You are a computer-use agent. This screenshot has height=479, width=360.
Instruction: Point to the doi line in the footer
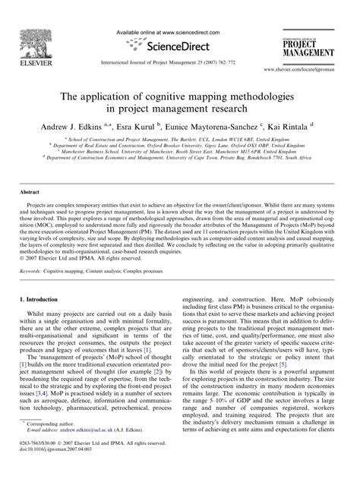(53, 467)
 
